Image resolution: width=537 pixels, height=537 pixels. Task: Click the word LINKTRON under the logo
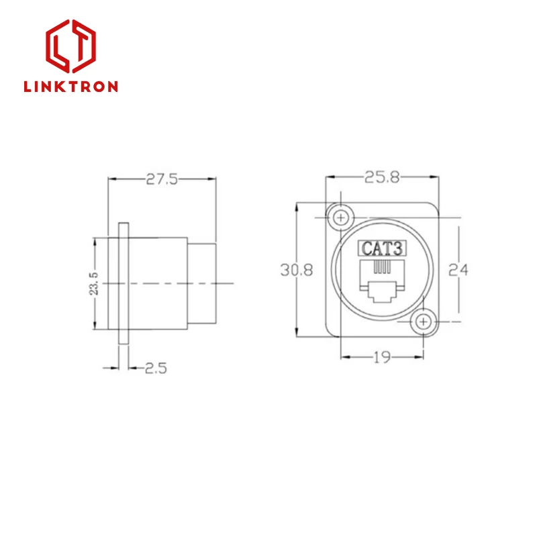(70, 87)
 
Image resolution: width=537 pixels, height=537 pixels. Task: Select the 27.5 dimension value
(162, 179)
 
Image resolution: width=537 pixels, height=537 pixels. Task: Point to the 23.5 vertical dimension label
(95, 284)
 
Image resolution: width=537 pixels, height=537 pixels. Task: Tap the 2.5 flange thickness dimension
(156, 368)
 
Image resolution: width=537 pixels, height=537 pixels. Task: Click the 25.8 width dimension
(381, 178)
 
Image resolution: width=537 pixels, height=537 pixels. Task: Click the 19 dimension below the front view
(382, 358)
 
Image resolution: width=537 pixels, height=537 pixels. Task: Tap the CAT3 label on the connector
(382, 248)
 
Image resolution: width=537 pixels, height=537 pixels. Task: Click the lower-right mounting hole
(423, 322)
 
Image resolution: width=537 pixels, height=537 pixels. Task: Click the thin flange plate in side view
(122, 284)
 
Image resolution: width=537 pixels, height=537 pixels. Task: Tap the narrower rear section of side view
(202, 284)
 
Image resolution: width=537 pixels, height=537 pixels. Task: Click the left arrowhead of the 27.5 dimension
(111, 179)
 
